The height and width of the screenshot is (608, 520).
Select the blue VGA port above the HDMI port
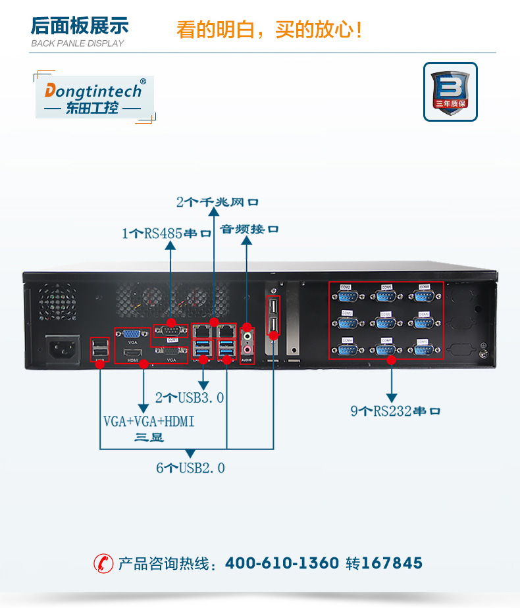[132, 333]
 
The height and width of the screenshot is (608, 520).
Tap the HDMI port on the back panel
[132, 353]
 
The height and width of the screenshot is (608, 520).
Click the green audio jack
[247, 338]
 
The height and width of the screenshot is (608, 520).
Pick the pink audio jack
[247, 349]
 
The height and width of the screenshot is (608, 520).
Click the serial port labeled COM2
[347, 295]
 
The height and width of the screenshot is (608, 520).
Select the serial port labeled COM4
[347, 348]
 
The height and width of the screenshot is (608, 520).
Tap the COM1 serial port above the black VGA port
[170, 331]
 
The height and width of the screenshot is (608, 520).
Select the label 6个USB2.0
[190, 468]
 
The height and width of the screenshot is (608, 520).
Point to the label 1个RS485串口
[167, 233]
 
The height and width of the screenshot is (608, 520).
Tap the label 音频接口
[249, 229]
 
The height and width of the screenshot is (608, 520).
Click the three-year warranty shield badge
[450, 91]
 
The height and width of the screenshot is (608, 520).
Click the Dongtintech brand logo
[93, 97]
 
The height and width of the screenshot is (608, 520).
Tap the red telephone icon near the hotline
[103, 563]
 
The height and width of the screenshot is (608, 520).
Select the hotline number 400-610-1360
[282, 563]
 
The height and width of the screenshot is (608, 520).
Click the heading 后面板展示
[80, 26]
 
